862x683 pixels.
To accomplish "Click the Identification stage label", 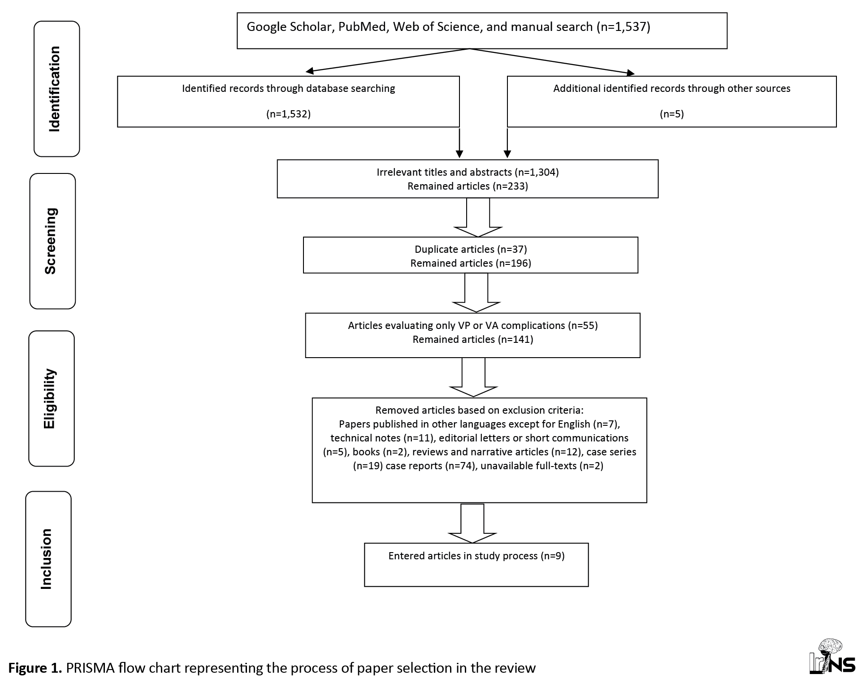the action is pyautogui.click(x=54, y=89).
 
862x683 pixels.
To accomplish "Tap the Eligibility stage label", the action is pyautogui.click(x=49, y=398).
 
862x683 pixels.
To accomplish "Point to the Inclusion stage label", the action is pyautogui.click(x=46, y=559).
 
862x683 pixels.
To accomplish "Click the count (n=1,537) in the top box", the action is pyautogui.click(x=623, y=27).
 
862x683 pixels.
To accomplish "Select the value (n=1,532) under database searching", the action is pyautogui.click(x=288, y=114).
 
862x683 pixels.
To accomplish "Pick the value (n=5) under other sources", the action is pyautogui.click(x=671, y=114).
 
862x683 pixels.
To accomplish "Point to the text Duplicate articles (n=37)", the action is pyautogui.click(x=471, y=249).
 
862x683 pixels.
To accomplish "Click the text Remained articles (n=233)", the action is pyautogui.click(x=468, y=186).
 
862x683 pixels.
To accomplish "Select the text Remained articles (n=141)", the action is pyautogui.click(x=473, y=339).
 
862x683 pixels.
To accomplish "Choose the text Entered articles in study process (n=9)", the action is pyautogui.click(x=476, y=556).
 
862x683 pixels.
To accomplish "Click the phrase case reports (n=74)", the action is pyautogui.click(x=430, y=466).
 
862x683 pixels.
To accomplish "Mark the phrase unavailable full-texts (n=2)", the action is pyautogui.click(x=542, y=466).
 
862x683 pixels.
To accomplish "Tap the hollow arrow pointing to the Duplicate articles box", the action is pyautogui.click(x=478, y=217).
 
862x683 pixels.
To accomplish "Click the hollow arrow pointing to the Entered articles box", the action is pyautogui.click(x=472, y=523).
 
